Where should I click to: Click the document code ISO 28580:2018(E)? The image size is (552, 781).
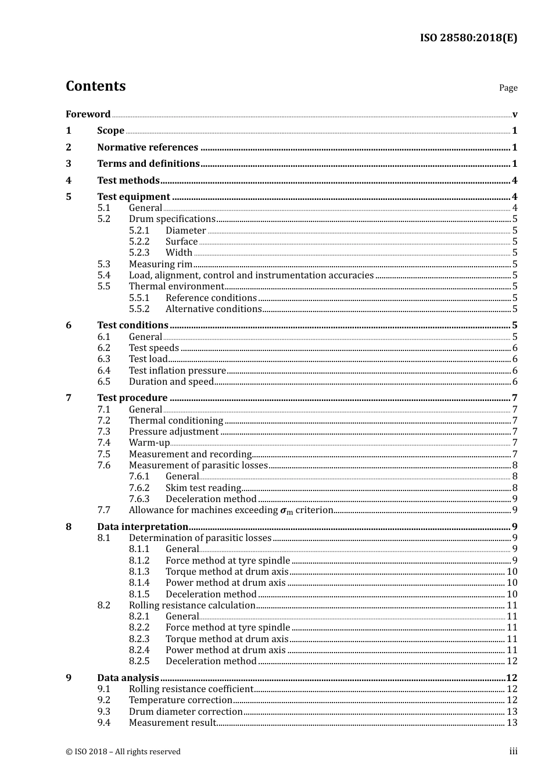point(468,38)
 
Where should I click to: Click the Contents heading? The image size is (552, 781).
point(95,86)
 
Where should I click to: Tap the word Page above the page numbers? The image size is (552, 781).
point(508,88)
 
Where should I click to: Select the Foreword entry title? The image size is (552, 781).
point(88,114)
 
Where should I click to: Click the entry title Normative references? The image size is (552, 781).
point(148,147)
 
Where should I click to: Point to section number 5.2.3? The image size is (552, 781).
point(139,252)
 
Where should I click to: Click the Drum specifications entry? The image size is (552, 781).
point(172,219)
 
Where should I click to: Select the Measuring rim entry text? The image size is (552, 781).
point(160,264)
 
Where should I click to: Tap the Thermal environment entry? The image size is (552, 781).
point(176,286)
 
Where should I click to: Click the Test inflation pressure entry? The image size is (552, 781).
point(177,370)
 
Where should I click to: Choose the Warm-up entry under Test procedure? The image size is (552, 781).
point(149,443)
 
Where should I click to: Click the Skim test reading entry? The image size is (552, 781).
point(203,488)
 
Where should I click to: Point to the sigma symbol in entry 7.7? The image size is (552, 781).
point(284,511)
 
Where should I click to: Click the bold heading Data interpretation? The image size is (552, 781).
point(142,526)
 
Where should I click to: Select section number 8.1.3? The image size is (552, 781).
point(139,571)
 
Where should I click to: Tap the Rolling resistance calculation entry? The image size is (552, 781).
point(192,605)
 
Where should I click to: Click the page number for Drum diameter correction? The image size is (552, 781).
point(511,711)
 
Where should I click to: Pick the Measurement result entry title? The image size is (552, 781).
point(172,722)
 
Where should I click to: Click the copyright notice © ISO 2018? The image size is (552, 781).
point(123,751)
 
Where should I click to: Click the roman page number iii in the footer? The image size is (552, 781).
point(513,751)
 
